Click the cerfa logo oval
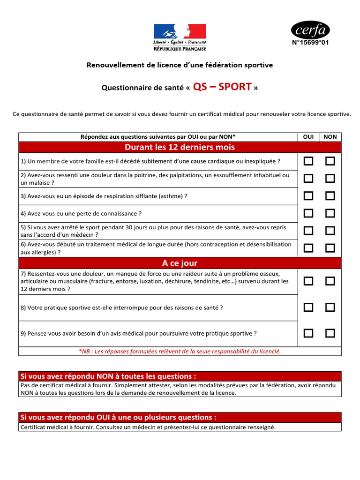[310, 30]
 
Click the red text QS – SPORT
[222, 87]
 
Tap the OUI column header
[308, 137]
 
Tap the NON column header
[330, 137]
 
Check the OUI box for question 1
[308, 161]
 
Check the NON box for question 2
[330, 179]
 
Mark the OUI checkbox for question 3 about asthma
[308, 196]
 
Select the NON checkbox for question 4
[330, 213]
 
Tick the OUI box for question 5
[308, 231]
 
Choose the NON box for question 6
[330, 248]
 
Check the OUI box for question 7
[308, 281]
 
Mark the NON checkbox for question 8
[330, 307]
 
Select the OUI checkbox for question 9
[308, 333]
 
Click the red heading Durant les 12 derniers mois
[180, 147]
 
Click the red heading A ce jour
[180, 263]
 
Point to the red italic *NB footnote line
[180, 351]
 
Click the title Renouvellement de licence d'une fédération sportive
[180, 65]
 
